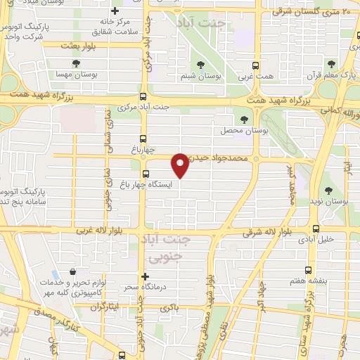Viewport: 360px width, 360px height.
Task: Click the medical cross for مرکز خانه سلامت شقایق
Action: point(115,11)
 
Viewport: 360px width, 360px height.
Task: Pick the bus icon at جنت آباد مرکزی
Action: point(143,96)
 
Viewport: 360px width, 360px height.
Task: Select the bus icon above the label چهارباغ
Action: point(143,139)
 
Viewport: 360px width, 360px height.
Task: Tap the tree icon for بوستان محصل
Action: point(245,120)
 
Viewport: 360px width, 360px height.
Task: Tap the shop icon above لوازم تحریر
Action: point(72,271)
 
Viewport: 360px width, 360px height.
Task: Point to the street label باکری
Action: point(169,308)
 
